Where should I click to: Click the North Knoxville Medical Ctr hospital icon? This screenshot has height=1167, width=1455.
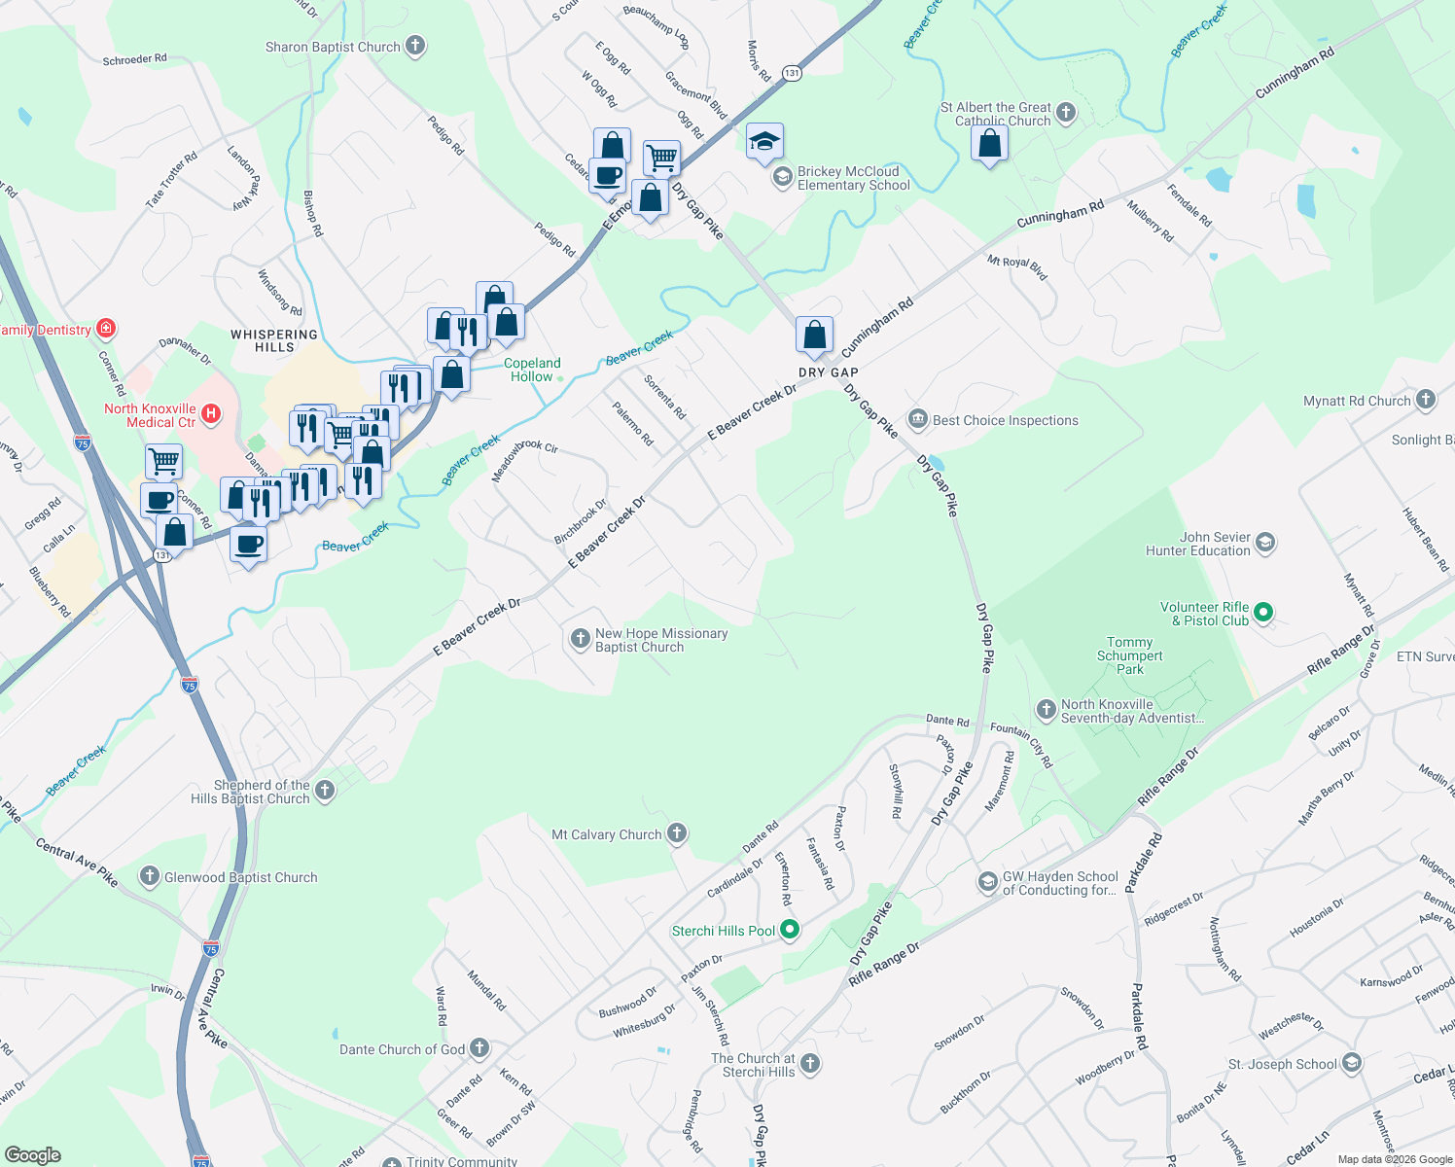(210, 415)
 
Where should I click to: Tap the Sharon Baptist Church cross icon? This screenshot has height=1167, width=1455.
(415, 46)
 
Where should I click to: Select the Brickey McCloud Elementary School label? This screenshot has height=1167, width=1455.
(853, 178)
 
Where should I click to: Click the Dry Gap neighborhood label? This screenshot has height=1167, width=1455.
(828, 372)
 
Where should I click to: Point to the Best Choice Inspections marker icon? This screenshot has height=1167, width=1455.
(917, 420)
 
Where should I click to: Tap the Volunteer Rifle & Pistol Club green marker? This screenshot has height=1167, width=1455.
(1263, 613)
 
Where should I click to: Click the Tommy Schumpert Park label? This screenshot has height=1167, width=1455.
(1129, 655)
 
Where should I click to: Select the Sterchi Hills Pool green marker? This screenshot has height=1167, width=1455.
(790, 931)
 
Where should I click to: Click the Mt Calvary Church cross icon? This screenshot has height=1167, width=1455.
(677, 834)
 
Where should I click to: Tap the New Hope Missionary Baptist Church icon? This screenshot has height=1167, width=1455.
(580, 639)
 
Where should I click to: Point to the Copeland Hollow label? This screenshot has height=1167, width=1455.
(532, 370)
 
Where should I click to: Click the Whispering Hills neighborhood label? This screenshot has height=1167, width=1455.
(274, 340)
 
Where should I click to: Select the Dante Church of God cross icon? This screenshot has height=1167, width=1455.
(479, 1048)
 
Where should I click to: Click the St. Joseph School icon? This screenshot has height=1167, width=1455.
(1351, 1063)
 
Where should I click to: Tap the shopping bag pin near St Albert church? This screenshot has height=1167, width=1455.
(989, 145)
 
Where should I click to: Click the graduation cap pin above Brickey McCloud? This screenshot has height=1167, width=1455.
(764, 142)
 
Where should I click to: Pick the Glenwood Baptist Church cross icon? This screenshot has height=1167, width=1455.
(149, 876)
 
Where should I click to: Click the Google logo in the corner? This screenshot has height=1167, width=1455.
(33, 1155)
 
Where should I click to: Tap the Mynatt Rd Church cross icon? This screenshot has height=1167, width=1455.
(1425, 400)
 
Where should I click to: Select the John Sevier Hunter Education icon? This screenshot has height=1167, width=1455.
(1265, 543)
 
